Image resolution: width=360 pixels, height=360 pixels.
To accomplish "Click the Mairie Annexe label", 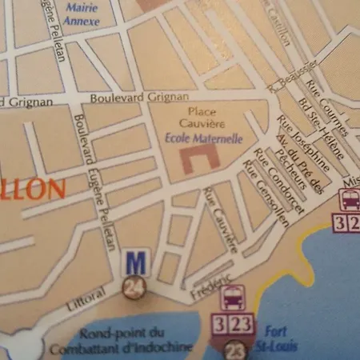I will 82,14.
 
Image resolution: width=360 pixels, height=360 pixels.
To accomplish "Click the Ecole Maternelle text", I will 202,138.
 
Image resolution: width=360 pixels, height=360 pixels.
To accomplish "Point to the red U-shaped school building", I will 201,158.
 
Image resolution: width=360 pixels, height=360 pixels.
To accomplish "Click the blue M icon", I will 136,262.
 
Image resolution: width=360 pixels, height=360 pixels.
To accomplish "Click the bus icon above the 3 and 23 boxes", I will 232,299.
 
